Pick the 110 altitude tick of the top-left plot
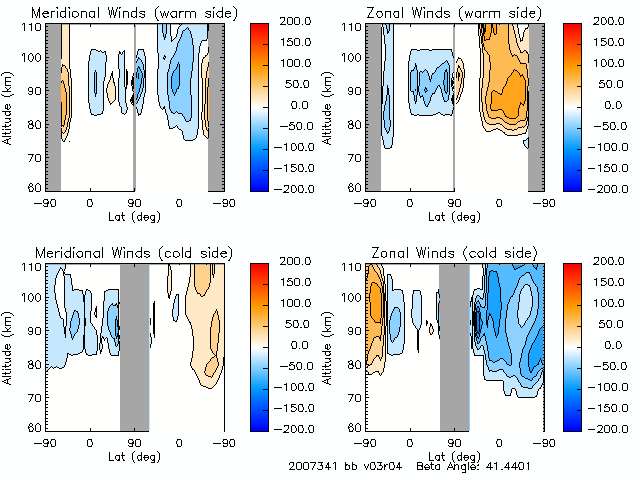pos(34,27)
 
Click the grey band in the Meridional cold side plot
pos(134,346)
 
